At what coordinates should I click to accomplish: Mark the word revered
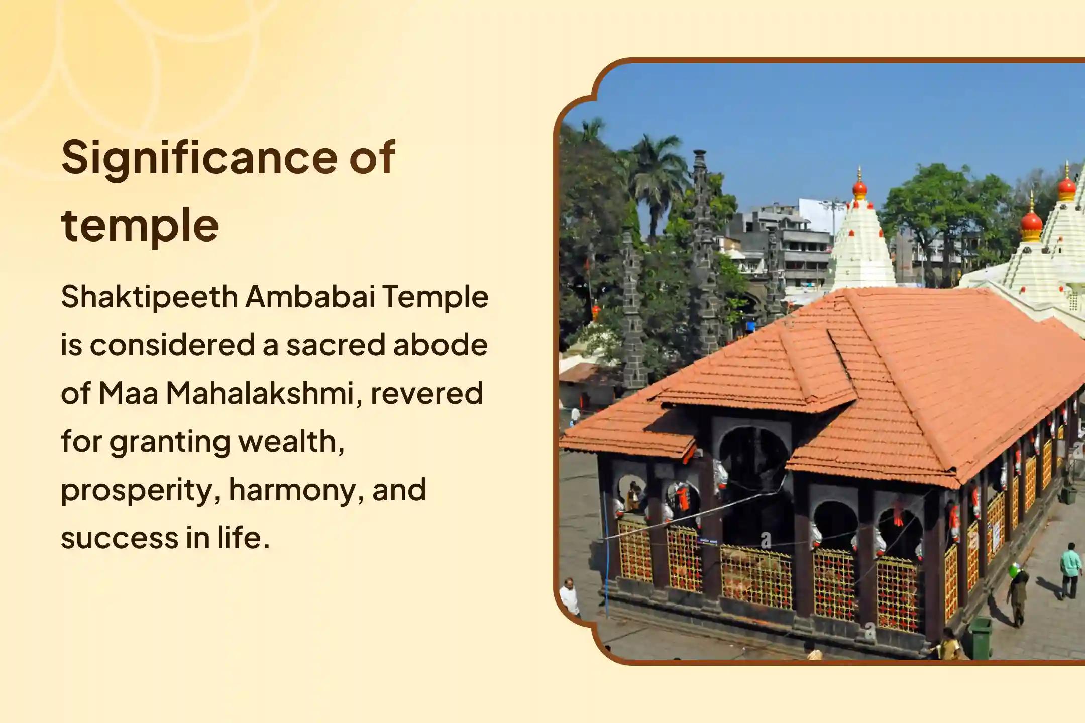(x=426, y=394)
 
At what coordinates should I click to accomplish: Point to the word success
(x=120, y=538)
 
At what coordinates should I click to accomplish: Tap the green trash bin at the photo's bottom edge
(x=980, y=638)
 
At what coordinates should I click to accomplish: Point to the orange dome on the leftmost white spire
(x=859, y=188)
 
